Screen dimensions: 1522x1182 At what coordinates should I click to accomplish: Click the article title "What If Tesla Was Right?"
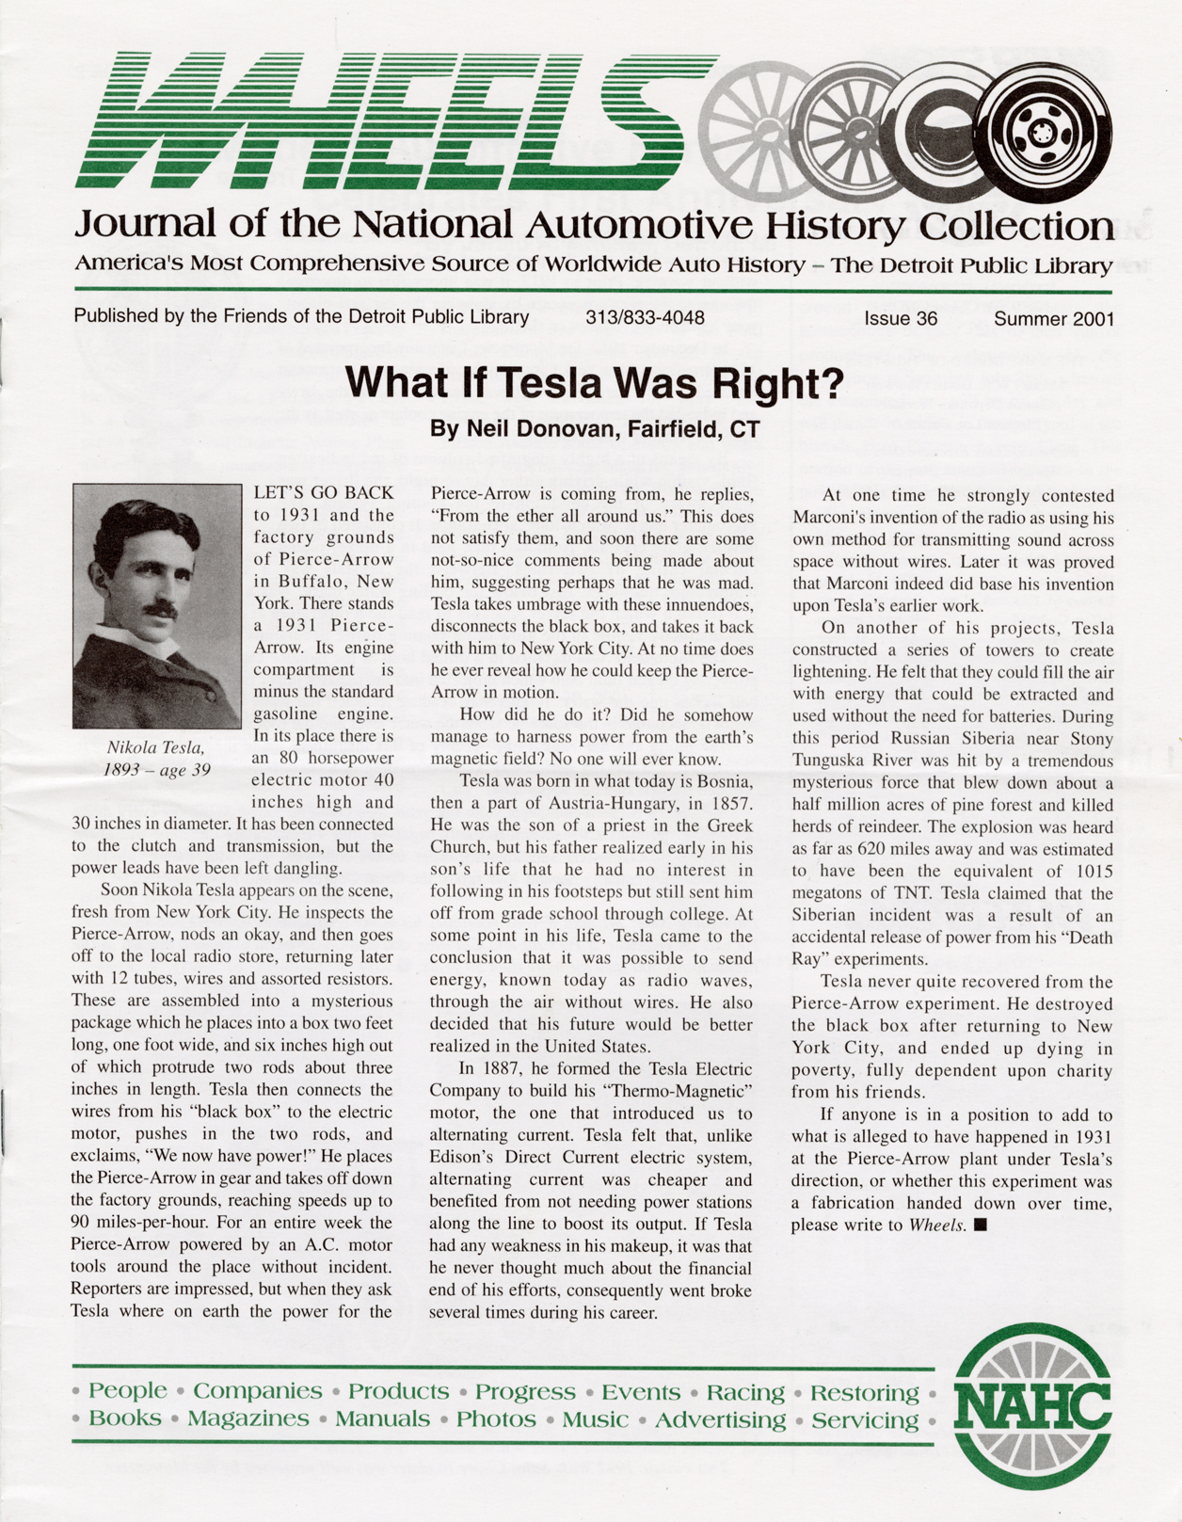click(x=593, y=384)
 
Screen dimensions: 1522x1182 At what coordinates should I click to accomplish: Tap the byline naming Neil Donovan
click(x=594, y=430)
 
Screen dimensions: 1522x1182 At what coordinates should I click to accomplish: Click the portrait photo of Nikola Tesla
click(x=157, y=606)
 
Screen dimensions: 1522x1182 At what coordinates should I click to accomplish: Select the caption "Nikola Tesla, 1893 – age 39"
click(x=156, y=758)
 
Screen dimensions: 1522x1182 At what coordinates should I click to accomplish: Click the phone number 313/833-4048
click(x=645, y=318)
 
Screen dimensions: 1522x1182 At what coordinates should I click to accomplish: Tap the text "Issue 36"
click(x=901, y=318)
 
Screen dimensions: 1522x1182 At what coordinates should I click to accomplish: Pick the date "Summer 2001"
click(x=1053, y=318)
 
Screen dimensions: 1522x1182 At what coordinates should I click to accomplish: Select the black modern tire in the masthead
click(x=1043, y=134)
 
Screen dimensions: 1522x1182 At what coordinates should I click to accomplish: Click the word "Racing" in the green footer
click(x=745, y=1392)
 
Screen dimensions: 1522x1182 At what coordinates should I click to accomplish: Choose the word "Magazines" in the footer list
click(x=248, y=1418)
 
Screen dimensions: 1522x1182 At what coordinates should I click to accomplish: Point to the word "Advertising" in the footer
click(x=720, y=1419)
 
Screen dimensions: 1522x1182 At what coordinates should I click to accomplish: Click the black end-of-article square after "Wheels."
click(x=981, y=1225)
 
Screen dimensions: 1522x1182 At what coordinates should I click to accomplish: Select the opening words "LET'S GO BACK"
click(x=324, y=492)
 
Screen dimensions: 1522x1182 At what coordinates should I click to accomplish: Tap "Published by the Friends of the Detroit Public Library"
click(x=301, y=317)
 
